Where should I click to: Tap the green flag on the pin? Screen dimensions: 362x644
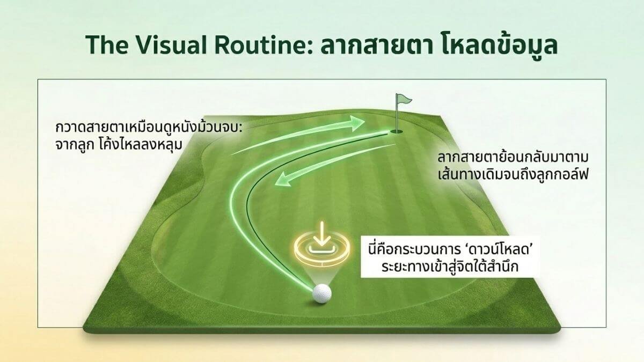404,100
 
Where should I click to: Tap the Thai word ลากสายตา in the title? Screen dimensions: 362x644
366,46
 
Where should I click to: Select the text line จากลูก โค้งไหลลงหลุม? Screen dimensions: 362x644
119,145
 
